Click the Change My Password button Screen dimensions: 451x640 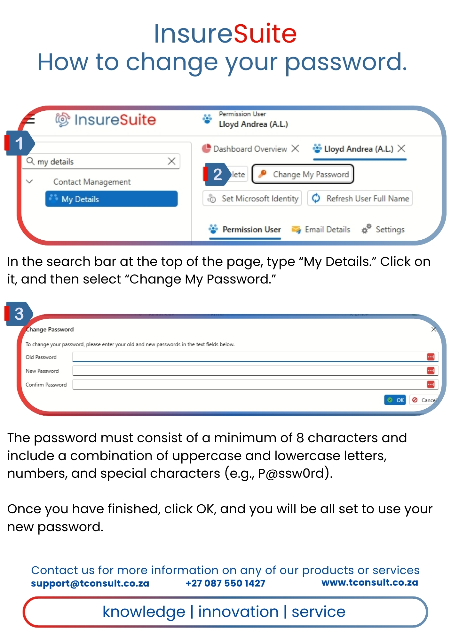tap(303, 174)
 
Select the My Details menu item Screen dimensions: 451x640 tap(111, 199)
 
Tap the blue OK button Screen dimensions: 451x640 tap(395, 400)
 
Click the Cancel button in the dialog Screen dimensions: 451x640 tap(424, 400)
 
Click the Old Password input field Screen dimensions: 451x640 tap(255, 357)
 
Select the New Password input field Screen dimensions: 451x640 tap(255, 371)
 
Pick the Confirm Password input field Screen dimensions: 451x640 tap(255, 384)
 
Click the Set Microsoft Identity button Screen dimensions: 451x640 tap(252, 198)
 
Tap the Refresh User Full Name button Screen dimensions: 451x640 tap(360, 198)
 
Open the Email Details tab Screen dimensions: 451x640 tap(321, 229)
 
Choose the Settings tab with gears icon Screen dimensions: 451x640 tap(383, 229)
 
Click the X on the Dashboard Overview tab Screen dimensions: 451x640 tap(295, 148)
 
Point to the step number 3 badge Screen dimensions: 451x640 tap(19, 314)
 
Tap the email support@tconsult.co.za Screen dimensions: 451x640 tap(90, 583)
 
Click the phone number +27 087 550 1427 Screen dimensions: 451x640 tap(225, 583)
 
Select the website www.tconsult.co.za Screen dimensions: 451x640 tap(370, 582)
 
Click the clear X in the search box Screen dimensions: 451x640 tap(172, 161)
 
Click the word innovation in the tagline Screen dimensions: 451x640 tap(238, 612)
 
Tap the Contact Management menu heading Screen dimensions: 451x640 tap(92, 182)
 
